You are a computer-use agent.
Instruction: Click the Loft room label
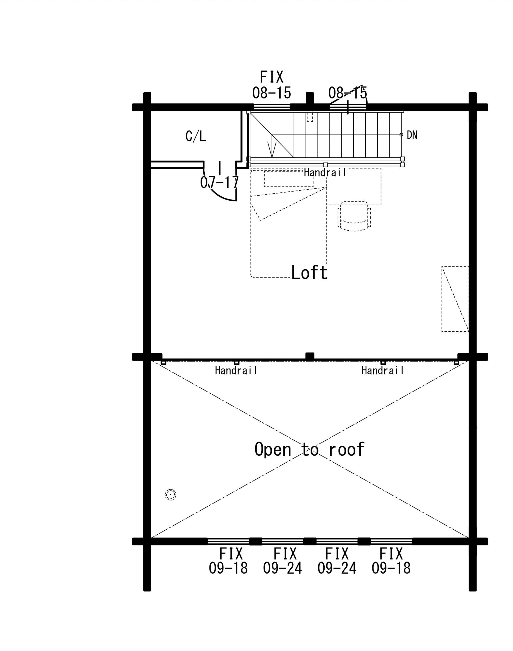click(309, 272)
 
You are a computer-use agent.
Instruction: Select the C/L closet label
click(196, 136)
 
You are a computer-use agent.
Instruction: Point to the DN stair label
click(412, 135)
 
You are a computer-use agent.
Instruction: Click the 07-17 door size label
click(220, 182)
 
